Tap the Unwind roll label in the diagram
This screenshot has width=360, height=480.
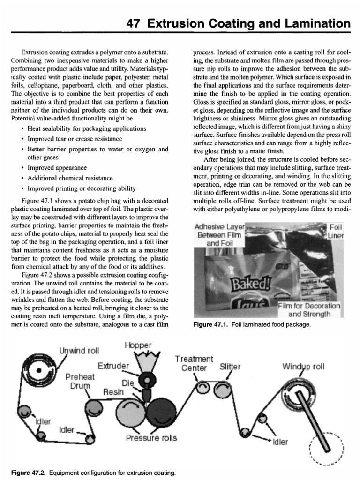79,350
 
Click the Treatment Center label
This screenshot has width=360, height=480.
194,363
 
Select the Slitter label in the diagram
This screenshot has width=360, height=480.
230,367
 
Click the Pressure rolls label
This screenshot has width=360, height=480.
151,438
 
